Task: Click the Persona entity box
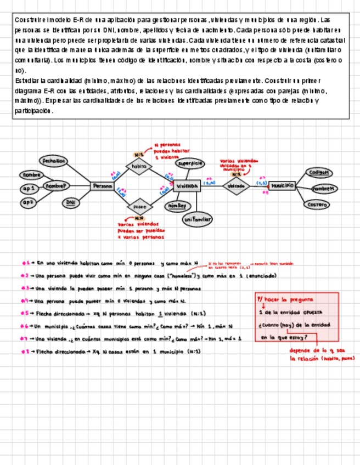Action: click(x=102, y=186)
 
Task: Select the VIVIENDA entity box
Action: click(x=187, y=186)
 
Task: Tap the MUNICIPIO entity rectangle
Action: click(x=282, y=185)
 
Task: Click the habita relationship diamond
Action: click(x=139, y=166)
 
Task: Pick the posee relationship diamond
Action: click(x=139, y=207)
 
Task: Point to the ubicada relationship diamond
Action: click(x=235, y=186)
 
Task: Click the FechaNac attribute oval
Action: click(x=53, y=161)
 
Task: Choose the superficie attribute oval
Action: click(x=190, y=163)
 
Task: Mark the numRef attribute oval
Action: click(x=177, y=206)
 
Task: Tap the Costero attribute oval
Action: click(x=318, y=204)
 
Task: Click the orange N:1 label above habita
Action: click(x=139, y=155)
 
